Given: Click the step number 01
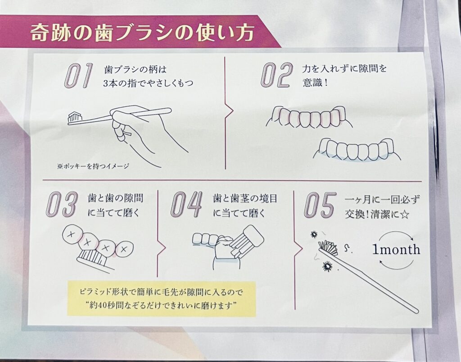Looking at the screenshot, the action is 78,75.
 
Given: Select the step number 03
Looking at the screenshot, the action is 62,204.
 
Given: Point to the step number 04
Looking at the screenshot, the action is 186,204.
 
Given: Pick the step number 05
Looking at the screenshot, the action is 320,205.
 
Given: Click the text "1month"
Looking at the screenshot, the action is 396,250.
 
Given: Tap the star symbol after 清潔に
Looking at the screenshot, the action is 405,215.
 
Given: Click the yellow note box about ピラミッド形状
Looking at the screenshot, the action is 162,298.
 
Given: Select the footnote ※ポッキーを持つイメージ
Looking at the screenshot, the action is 93,166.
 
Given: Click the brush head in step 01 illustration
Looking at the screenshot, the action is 75,117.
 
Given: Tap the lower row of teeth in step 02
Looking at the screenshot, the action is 357,149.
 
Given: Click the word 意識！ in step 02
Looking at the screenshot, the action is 315,82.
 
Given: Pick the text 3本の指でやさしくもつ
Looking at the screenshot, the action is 148,83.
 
